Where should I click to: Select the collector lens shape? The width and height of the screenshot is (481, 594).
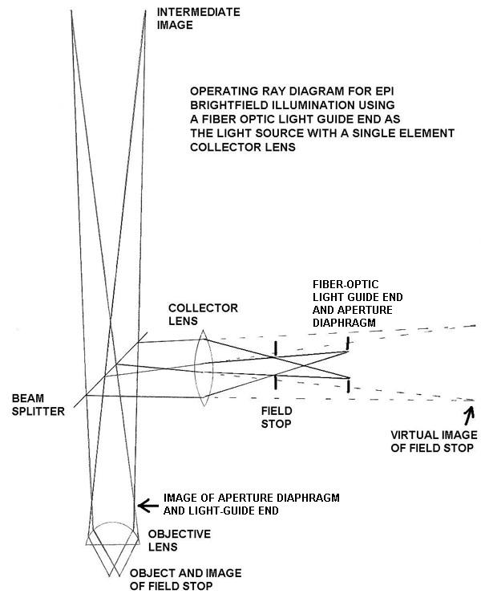click(203, 365)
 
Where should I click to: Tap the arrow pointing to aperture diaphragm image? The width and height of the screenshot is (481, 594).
click(145, 505)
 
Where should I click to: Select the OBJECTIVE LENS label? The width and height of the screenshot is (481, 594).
click(180, 540)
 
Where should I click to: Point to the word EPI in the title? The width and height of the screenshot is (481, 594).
click(353, 90)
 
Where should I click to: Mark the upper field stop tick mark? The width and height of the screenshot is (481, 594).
click(276, 348)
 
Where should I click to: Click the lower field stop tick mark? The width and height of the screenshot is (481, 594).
click(276, 381)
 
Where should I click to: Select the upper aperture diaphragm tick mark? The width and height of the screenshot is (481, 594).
click(347, 343)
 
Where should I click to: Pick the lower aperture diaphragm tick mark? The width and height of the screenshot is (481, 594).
click(347, 385)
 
